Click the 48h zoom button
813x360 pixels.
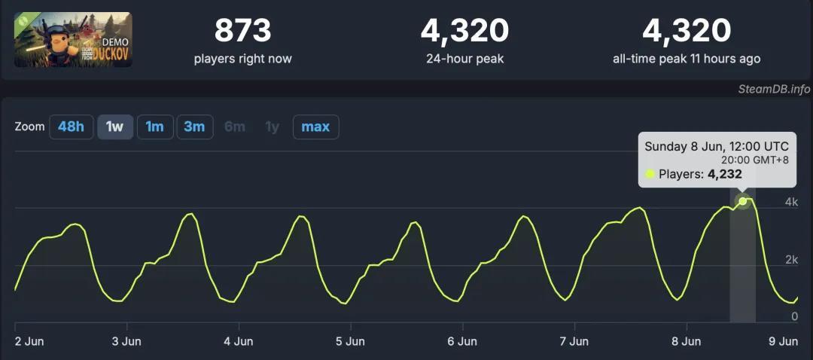coord(71,127)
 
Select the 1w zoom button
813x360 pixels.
coord(114,127)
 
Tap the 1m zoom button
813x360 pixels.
coord(154,127)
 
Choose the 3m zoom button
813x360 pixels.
coord(194,127)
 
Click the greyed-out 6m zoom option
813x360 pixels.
coord(234,127)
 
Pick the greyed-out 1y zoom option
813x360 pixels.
coord(272,127)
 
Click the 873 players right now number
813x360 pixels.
coord(242,31)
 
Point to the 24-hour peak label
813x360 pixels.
coord(464,59)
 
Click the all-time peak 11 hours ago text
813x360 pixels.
coord(687,59)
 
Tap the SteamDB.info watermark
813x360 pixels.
coord(774,90)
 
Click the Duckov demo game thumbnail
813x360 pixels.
coord(72,39)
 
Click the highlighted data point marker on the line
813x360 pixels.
coord(743,201)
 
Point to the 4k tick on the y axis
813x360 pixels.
coord(791,202)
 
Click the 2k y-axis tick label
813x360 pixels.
coord(791,260)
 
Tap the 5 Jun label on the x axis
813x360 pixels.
coord(350,341)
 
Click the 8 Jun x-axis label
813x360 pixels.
coord(686,341)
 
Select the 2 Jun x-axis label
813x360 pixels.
coord(30,341)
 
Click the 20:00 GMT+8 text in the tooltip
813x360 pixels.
coord(754,160)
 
